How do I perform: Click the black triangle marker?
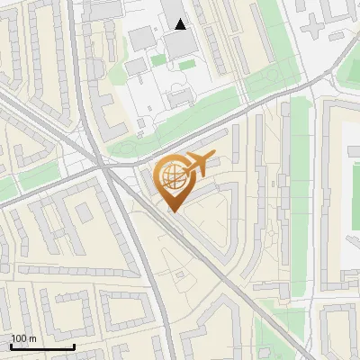pos(181,24)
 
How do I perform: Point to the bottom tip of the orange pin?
pos(174,212)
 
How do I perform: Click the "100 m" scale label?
pos(24,337)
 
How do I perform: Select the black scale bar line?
pos(42,346)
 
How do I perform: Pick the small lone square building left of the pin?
pos(84,212)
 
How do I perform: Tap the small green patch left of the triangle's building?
pos(158,60)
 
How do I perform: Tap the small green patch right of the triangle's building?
pos(188,65)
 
